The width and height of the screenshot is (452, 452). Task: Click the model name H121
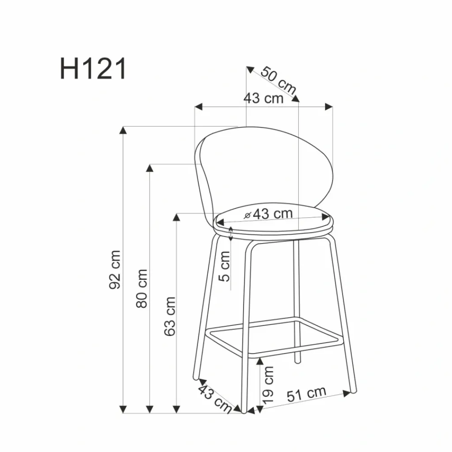coord(93,69)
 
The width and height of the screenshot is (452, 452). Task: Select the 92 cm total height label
coord(116,269)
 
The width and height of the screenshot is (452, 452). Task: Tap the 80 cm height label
coord(142,288)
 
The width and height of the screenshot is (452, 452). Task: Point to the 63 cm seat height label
coord(169,316)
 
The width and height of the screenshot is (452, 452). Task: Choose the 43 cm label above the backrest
coord(263,98)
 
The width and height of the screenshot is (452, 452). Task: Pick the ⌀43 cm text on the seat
coord(268,214)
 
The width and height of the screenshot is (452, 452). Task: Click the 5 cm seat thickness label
coord(225,266)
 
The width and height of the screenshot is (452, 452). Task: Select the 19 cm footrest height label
coord(268,385)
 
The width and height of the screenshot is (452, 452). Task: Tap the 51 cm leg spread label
coord(306,394)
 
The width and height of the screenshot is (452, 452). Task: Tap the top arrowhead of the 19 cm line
coord(259,361)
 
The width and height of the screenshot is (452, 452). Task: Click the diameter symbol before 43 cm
coord(247,215)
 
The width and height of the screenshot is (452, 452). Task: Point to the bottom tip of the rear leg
coord(297,361)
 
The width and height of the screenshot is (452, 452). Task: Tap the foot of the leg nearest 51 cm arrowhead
coord(353,390)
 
